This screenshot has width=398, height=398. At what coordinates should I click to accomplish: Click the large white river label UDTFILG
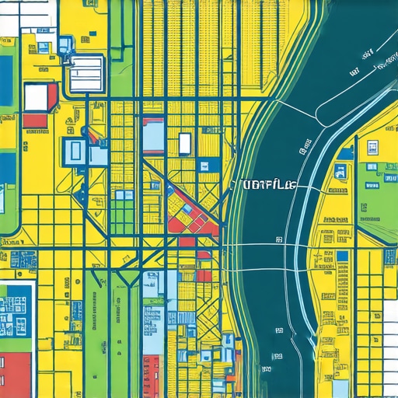264,185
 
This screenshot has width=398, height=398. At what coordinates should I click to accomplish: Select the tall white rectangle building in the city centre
184,144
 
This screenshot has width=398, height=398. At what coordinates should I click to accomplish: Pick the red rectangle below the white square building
35,120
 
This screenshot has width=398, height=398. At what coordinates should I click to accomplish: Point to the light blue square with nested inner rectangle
78,150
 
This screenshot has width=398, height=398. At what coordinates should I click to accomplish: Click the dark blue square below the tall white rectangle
204,165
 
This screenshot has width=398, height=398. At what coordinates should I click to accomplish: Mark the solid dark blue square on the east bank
342,256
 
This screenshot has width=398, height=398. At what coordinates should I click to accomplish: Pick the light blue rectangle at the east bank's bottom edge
340,387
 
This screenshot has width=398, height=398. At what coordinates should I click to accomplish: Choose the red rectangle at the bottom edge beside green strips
152,376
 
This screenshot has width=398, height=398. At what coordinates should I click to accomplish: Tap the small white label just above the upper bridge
305,142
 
